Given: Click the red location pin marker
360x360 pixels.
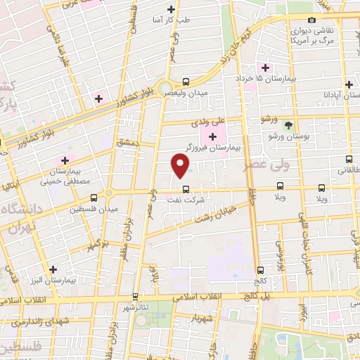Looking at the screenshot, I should (181, 166).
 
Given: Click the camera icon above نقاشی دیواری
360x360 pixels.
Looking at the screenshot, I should (311, 20).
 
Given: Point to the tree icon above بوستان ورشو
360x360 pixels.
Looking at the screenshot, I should (289, 123).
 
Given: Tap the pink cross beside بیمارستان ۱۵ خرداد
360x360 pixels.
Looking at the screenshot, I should (265, 68).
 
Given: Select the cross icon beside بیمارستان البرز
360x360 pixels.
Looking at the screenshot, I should (53, 269).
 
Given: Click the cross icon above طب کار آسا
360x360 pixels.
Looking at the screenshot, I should (172, 10).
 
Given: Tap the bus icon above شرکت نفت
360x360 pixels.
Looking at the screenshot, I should (186, 188).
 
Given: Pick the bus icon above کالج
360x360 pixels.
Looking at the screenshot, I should (260, 269).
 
